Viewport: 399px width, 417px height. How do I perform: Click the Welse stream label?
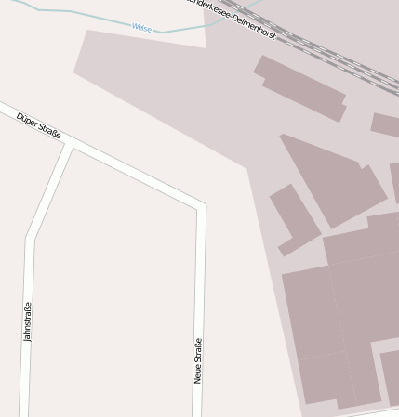[141, 28]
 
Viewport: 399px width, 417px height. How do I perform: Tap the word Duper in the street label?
[27, 121]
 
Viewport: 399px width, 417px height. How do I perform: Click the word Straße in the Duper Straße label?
[49, 133]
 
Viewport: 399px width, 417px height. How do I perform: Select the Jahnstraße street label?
[28, 321]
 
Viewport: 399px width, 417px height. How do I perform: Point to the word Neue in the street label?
[198, 373]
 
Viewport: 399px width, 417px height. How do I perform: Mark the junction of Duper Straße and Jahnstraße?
[71, 146]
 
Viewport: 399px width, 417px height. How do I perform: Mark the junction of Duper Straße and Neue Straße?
[199, 204]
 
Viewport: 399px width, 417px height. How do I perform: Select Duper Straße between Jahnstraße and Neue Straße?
[135, 175]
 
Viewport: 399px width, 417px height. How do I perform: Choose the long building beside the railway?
[300, 87]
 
